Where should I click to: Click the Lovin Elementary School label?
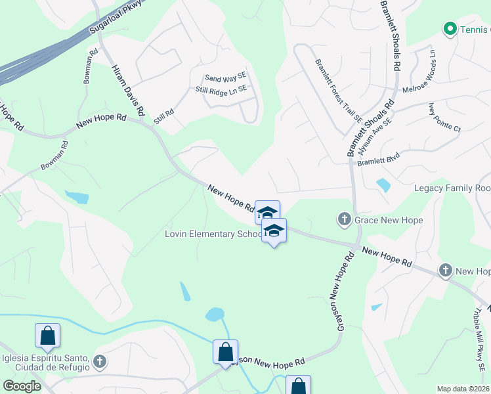[213, 234]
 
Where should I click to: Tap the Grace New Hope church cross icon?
[345, 219]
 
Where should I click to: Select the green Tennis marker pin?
[450, 29]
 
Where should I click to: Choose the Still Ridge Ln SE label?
[221, 89]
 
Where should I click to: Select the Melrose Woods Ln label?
[426, 72]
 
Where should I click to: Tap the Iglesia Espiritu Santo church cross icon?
[99, 361]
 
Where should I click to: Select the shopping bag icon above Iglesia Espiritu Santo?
[48, 336]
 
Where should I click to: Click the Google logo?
[22, 386]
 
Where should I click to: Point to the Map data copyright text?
[463, 389]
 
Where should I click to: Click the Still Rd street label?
[164, 117]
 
